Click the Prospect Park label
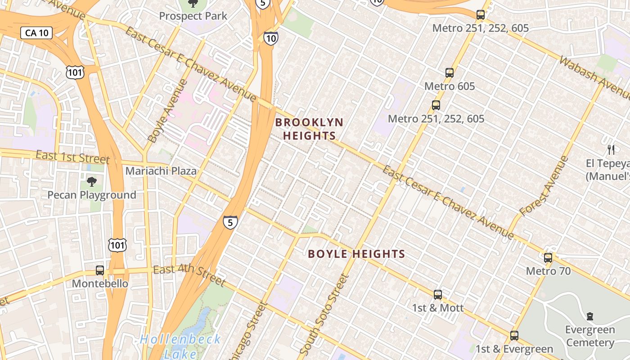click(x=193, y=16)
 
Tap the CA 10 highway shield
click(x=36, y=33)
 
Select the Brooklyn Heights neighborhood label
click(x=309, y=129)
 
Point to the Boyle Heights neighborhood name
click(x=356, y=254)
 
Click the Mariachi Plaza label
click(x=161, y=171)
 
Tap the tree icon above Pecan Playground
click(x=92, y=182)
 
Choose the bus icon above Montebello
click(x=100, y=270)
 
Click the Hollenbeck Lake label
click(x=180, y=345)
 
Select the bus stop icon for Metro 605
click(x=449, y=72)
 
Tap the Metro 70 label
click(x=548, y=271)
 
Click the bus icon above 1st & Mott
click(x=438, y=295)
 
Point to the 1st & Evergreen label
click(x=514, y=349)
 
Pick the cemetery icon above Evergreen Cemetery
click(x=590, y=316)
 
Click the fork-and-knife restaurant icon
click(x=611, y=149)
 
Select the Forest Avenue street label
click(x=544, y=186)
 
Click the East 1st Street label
click(x=73, y=157)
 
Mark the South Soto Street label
click(x=324, y=313)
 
